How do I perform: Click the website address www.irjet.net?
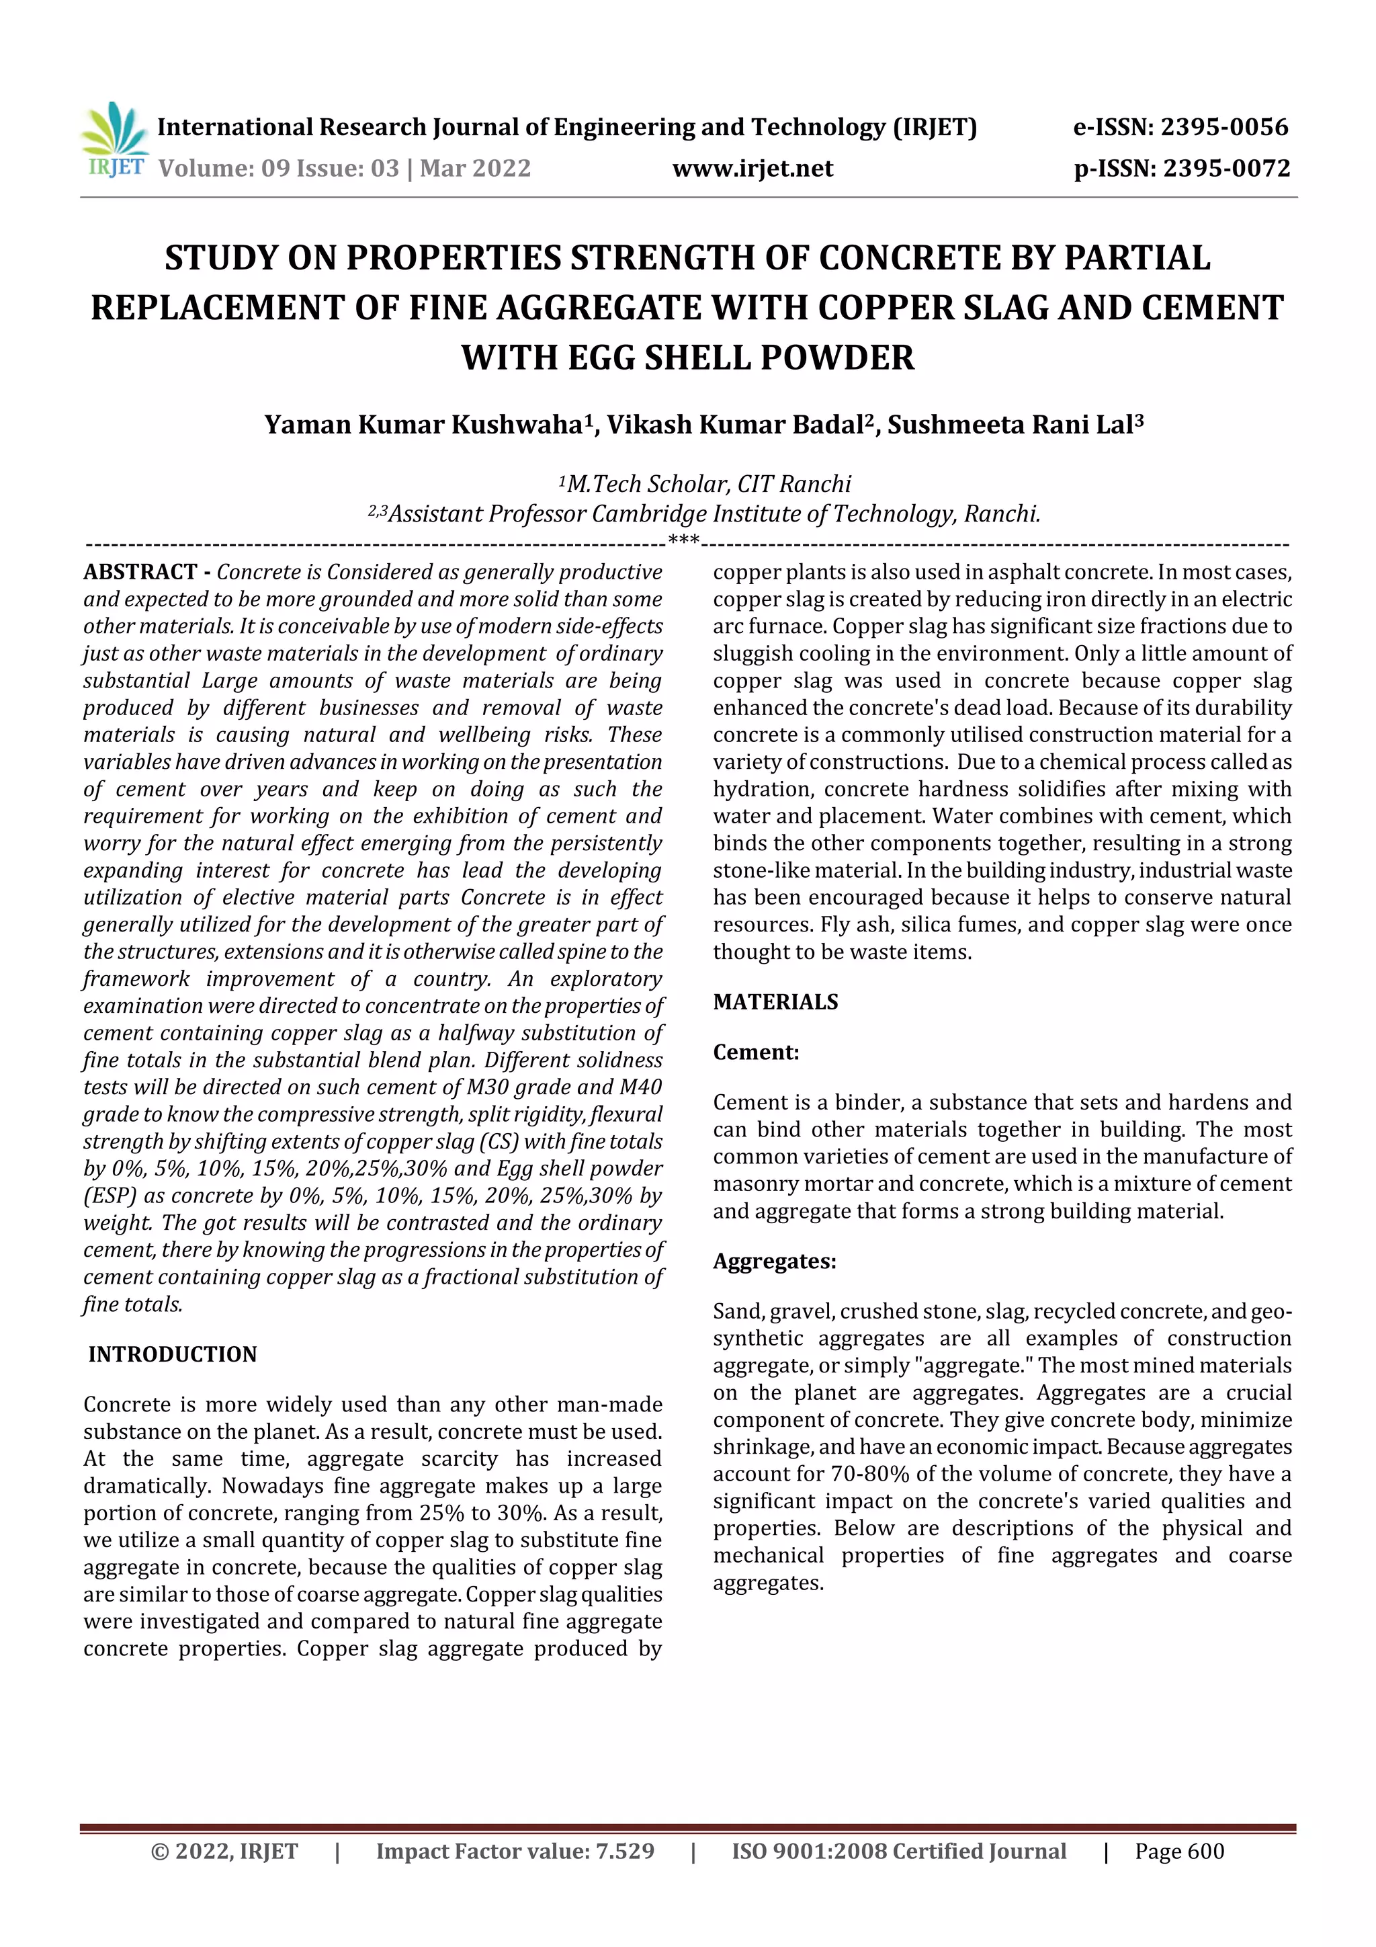752,168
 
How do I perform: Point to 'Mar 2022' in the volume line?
475,168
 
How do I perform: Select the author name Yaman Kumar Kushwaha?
422,424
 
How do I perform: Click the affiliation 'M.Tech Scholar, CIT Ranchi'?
708,484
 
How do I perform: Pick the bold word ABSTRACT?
140,573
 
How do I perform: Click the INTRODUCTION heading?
172,1354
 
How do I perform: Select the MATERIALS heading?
775,1002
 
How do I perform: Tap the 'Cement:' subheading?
755,1052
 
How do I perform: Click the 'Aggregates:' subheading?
774,1261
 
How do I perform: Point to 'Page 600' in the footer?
1179,1851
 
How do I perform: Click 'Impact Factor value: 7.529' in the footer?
515,1851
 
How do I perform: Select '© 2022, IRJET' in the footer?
224,1851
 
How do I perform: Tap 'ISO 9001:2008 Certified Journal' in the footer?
899,1851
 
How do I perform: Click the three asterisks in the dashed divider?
683,540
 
